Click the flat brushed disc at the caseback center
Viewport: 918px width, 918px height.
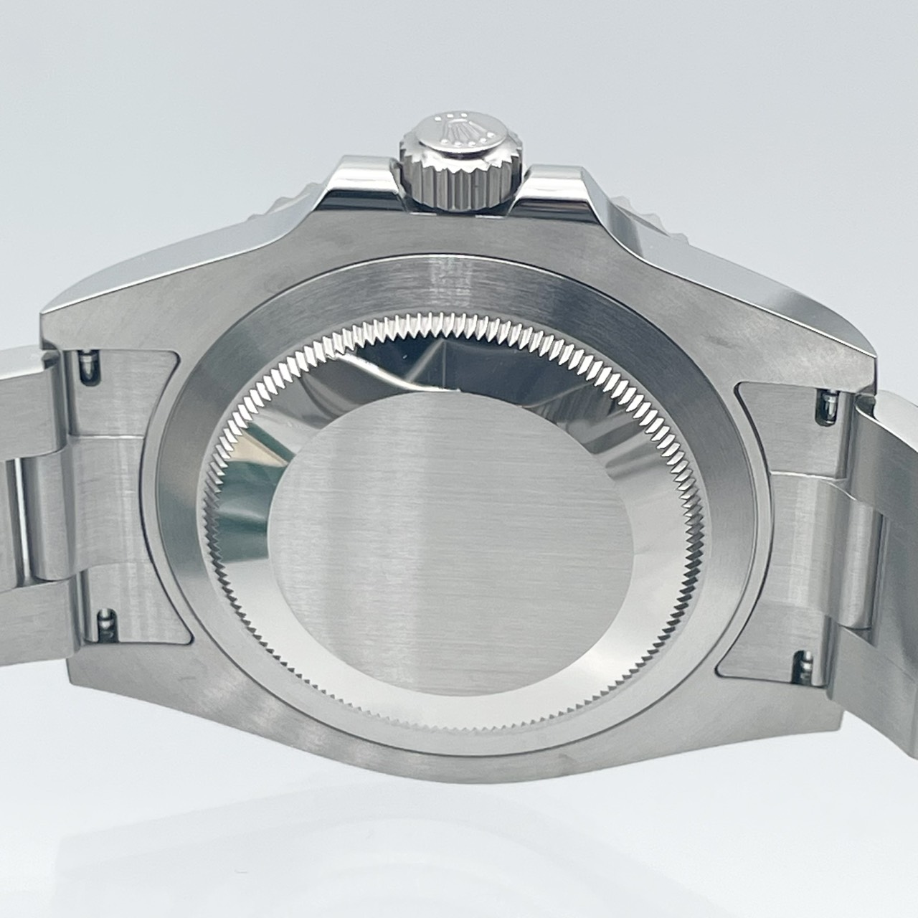tap(452, 545)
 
